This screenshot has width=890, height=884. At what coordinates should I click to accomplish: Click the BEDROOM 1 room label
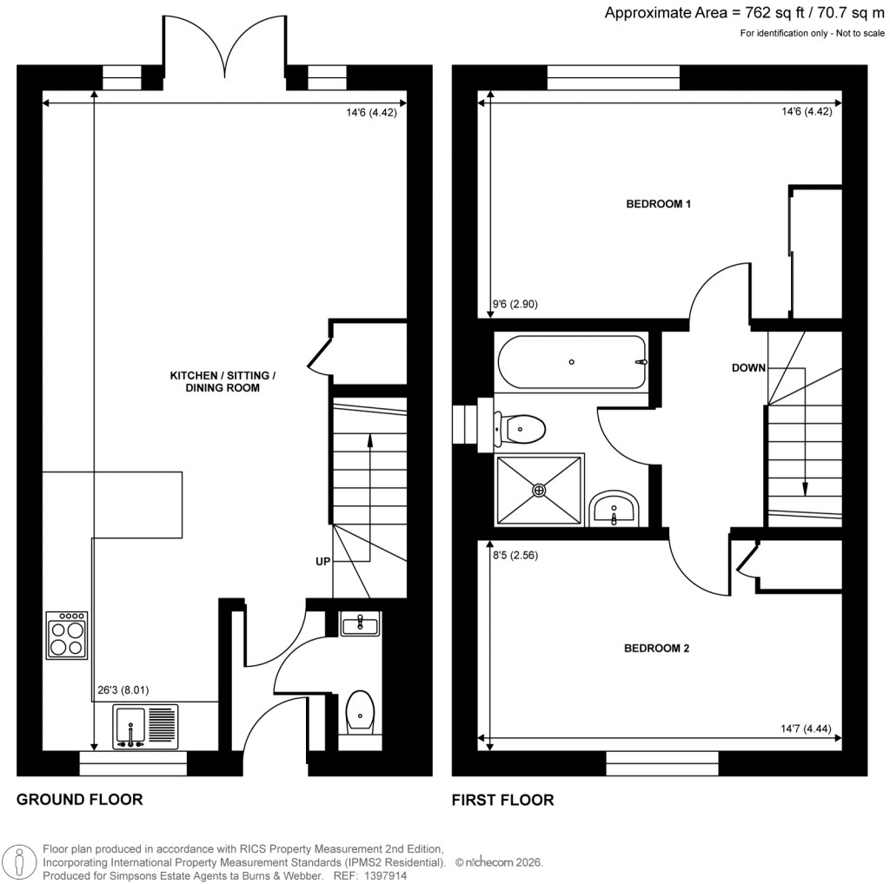click(658, 205)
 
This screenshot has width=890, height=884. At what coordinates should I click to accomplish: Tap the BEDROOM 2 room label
click(658, 649)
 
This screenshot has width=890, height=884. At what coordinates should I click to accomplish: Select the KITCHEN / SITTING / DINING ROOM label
click(222, 382)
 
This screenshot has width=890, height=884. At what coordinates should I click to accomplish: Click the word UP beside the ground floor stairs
click(322, 562)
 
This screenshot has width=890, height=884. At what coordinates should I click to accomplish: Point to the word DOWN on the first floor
click(748, 368)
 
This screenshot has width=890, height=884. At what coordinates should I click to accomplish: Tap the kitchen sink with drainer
click(145, 726)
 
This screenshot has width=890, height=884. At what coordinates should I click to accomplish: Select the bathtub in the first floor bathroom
click(571, 361)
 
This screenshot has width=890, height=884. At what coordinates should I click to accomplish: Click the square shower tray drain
click(539, 491)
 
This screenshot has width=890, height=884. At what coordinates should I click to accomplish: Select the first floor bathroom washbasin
click(614, 509)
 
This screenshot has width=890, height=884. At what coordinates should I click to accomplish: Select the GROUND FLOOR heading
click(79, 800)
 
